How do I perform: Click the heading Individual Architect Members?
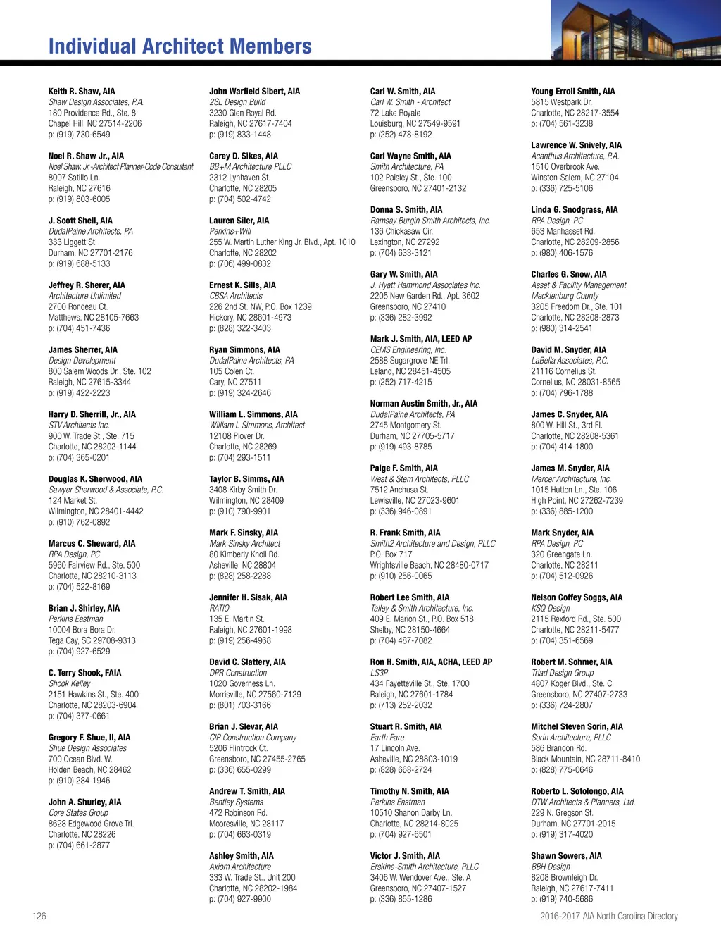coord(180,46)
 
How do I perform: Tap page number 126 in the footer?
coord(39,916)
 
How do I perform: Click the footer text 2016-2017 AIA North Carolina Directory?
coord(608,916)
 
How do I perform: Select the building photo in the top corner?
coord(635,30)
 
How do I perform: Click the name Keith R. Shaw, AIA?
coord(82,92)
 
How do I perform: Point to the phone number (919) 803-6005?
coord(79,199)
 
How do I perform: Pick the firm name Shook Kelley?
coord(69,683)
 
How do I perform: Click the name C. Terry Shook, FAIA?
coord(84,673)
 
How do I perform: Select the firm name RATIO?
coord(219,608)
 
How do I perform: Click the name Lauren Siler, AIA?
coord(239,221)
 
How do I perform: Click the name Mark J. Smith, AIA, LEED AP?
coord(421,339)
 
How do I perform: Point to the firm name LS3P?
coord(379,673)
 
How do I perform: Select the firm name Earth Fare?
coord(387,738)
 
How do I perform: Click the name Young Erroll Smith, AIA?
coord(572,92)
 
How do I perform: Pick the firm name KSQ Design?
coord(551,608)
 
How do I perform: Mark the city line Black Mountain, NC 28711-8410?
coord(585,759)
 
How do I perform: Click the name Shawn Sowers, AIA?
coord(566,856)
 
